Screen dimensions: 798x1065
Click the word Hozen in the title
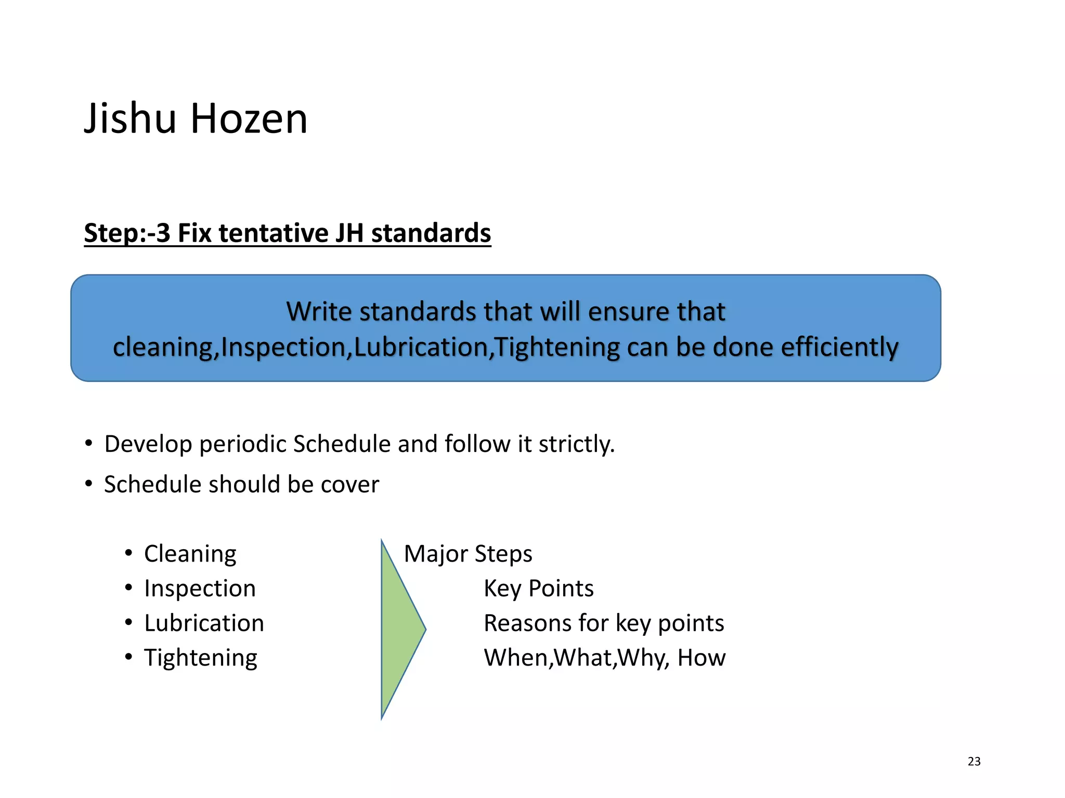pos(249,119)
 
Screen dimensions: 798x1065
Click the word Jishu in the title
pos(130,119)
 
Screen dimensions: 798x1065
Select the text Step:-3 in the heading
pos(127,233)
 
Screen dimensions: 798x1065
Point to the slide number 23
pos(974,762)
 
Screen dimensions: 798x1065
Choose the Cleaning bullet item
pos(190,554)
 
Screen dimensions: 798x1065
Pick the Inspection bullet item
pos(200,589)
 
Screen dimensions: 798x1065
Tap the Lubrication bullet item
pos(204,623)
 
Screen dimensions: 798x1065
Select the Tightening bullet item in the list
pos(200,658)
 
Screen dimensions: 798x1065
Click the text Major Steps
pos(468,554)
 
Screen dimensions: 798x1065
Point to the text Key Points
pos(538,589)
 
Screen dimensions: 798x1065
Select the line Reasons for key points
pos(604,623)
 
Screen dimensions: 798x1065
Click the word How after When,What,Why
pos(701,658)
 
